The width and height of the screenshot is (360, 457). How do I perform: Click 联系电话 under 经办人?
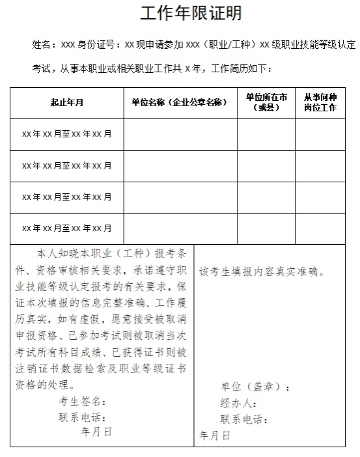click(243, 420)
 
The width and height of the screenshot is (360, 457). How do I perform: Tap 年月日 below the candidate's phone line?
click(96, 431)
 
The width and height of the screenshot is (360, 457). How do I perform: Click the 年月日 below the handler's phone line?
click(215, 436)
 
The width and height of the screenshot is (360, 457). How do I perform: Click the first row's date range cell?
click(66, 134)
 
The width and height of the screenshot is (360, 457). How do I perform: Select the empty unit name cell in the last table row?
click(180, 228)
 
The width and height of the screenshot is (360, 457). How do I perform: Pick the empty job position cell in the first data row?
click(320, 134)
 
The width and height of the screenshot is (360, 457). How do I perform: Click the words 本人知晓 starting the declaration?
click(60, 253)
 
